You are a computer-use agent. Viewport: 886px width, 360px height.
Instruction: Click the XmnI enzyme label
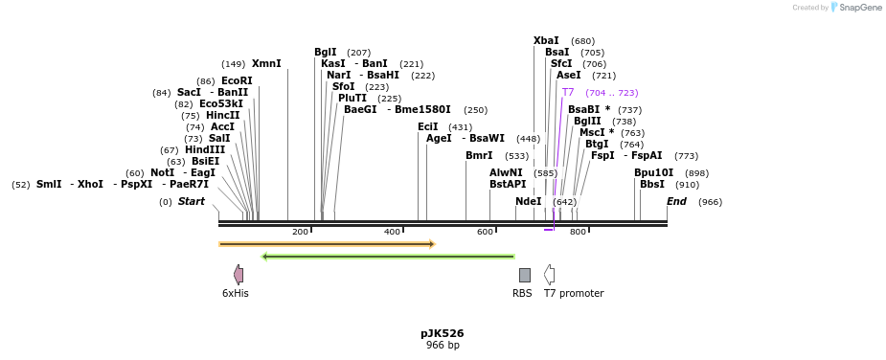266,64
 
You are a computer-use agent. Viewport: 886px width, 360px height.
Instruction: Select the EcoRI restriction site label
237,81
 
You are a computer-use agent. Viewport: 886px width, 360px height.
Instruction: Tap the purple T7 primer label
568,93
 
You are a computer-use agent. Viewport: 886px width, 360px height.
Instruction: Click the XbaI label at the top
546,41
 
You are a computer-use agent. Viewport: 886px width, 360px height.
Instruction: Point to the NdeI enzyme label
528,202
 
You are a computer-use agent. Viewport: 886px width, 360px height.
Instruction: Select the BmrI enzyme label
479,156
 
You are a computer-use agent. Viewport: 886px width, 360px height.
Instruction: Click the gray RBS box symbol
524,275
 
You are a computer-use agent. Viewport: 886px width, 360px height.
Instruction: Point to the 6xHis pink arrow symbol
239,275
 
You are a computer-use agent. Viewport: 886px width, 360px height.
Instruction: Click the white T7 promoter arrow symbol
549,275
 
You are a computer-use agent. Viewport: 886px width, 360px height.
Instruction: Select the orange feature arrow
327,244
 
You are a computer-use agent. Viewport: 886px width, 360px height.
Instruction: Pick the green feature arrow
388,257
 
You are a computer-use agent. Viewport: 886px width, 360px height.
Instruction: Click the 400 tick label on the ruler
392,233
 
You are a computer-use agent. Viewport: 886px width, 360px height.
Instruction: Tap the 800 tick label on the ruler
578,233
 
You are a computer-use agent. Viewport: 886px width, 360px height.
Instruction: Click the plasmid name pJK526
442,334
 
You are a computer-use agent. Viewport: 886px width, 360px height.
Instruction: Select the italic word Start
192,202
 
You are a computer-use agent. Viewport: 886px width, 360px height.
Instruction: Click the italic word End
676,202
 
